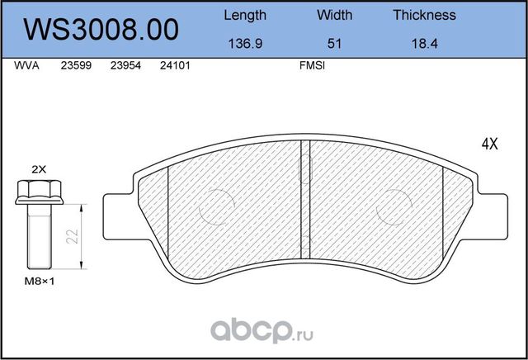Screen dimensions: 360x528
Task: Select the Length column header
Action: pos(245,15)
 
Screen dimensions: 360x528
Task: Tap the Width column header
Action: pos(334,15)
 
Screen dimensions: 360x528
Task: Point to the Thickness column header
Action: pos(424,15)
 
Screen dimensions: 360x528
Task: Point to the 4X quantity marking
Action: pos(489,143)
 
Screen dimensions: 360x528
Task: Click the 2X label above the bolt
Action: pos(39,168)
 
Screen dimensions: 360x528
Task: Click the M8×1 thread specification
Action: pos(37,281)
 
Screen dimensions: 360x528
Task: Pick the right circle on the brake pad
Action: pos(396,201)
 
